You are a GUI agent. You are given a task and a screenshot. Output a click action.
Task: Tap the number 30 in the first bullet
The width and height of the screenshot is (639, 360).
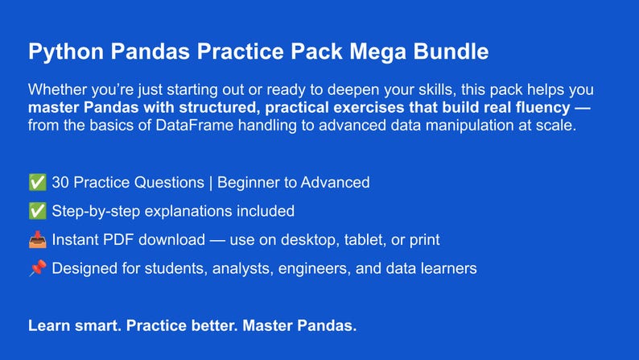60,183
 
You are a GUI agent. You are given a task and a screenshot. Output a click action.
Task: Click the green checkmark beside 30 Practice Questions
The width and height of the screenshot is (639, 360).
37,183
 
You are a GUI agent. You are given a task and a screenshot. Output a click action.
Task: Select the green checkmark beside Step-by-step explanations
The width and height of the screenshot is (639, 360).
37,211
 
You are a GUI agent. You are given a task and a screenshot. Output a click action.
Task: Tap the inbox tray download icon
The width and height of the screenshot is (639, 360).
37,240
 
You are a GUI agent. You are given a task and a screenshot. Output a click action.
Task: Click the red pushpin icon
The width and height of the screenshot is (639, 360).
37,268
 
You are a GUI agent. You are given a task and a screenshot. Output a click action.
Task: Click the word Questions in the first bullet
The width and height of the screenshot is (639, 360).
171,183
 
